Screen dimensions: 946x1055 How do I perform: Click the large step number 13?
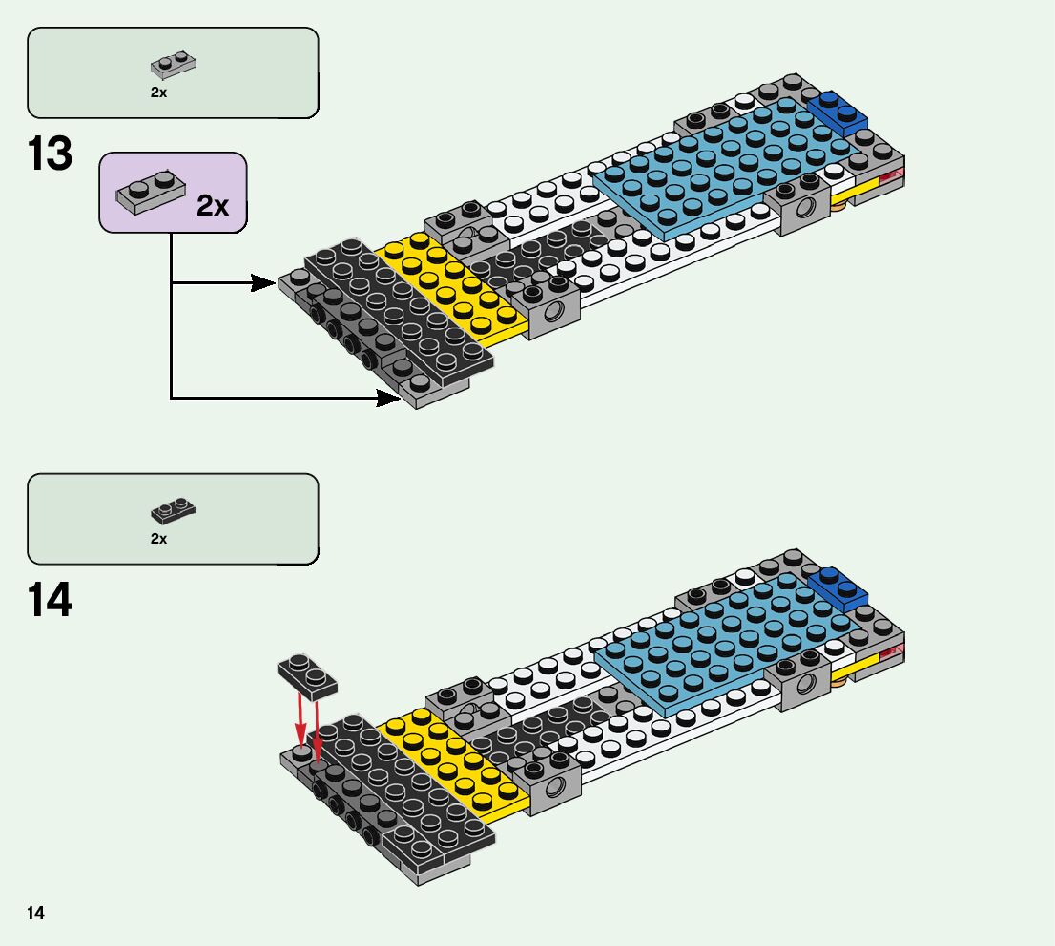click(x=51, y=155)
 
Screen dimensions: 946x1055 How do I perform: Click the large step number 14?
click(x=51, y=602)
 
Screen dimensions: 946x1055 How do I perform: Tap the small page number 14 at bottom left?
click(x=35, y=914)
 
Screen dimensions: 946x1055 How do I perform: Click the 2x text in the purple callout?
click(x=213, y=205)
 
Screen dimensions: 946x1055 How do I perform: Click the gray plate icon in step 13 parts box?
click(x=173, y=64)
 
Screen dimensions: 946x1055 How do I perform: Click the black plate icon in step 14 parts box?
click(x=173, y=511)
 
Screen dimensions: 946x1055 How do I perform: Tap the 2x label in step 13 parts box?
click(x=158, y=93)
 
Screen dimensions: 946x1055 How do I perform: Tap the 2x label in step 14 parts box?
click(x=158, y=539)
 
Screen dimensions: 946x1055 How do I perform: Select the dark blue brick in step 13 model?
click(x=838, y=113)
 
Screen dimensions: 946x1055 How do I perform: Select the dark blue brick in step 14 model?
click(x=838, y=587)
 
